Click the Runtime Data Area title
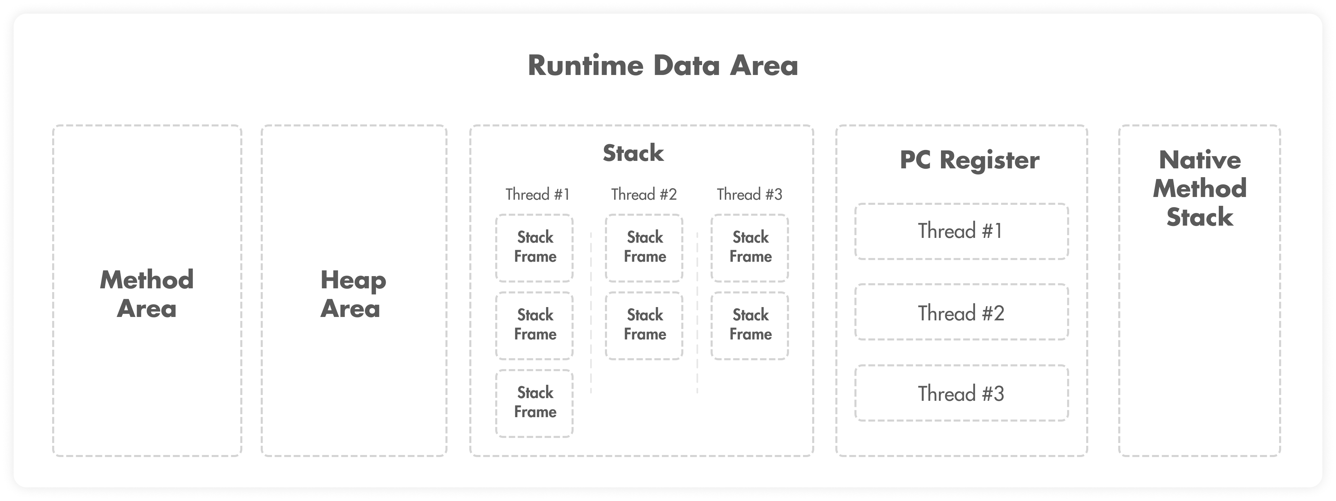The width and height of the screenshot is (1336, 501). pos(663,66)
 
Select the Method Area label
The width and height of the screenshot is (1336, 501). pos(147,294)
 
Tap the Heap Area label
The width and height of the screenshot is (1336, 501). pos(353,294)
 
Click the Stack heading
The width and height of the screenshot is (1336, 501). pos(633,153)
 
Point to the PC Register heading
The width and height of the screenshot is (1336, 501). pos(969,160)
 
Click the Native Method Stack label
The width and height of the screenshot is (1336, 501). pos(1200,188)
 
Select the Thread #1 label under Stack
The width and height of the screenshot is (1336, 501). pos(537,195)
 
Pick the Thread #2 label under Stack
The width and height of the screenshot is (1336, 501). pos(643,195)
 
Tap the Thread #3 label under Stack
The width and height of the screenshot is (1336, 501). pos(749,195)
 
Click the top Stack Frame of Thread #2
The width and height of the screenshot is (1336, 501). pos(644,248)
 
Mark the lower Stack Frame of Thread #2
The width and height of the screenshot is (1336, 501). pos(644,326)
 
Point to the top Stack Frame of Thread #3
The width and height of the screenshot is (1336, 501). pos(750,248)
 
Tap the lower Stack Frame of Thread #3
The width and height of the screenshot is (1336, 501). pos(750,326)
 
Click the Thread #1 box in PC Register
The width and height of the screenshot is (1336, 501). pos(961,231)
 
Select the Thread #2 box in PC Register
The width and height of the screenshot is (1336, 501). pos(961,312)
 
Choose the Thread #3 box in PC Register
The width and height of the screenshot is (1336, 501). pos(961,393)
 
